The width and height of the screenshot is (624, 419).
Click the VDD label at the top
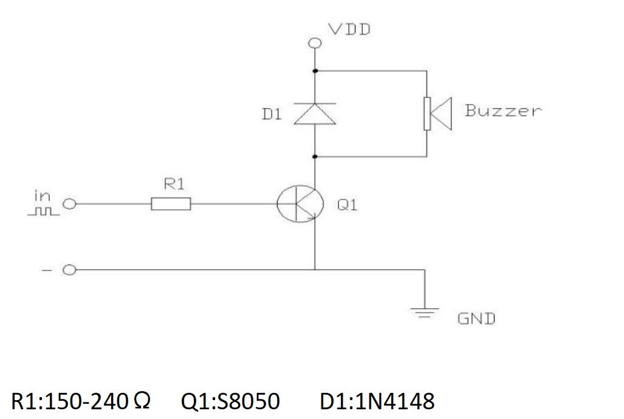[349, 29]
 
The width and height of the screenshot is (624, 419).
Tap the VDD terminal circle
[314, 43]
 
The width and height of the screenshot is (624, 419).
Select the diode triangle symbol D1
[315, 114]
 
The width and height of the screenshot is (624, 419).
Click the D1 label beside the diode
[272, 114]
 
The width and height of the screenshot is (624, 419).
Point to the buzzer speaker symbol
[437, 114]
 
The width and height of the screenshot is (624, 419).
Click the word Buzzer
[502, 111]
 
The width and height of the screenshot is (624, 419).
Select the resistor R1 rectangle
[171, 204]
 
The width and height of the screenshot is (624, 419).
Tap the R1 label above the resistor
[174, 185]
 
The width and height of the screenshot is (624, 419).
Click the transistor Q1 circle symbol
[297, 204]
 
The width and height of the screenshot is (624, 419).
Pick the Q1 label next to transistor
[347, 205]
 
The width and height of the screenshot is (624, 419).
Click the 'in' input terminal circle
[70, 204]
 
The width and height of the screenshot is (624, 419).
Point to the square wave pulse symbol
[43, 212]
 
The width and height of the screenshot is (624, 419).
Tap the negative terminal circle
[70, 270]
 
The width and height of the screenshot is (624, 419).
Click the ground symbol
[424, 313]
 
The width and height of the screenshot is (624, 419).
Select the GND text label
[476, 319]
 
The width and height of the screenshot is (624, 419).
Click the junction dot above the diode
[315, 71]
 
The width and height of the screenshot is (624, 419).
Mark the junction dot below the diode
[315, 157]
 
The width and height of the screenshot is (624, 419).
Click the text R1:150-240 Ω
[80, 401]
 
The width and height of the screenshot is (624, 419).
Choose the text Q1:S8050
[230, 401]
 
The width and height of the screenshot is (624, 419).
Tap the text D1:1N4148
[377, 401]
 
